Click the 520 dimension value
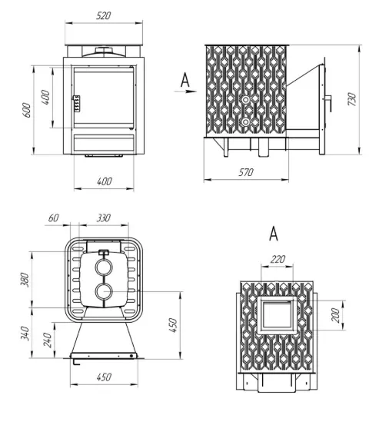click(x=104, y=16)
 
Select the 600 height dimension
click(x=27, y=110)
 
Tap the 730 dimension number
click(x=352, y=99)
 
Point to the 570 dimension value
click(x=246, y=172)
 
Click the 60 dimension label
click(x=54, y=218)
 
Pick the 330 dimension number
click(x=104, y=218)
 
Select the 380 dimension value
click(x=25, y=280)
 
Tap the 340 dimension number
click(x=25, y=333)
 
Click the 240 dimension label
click(x=48, y=341)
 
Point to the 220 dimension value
click(x=278, y=260)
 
